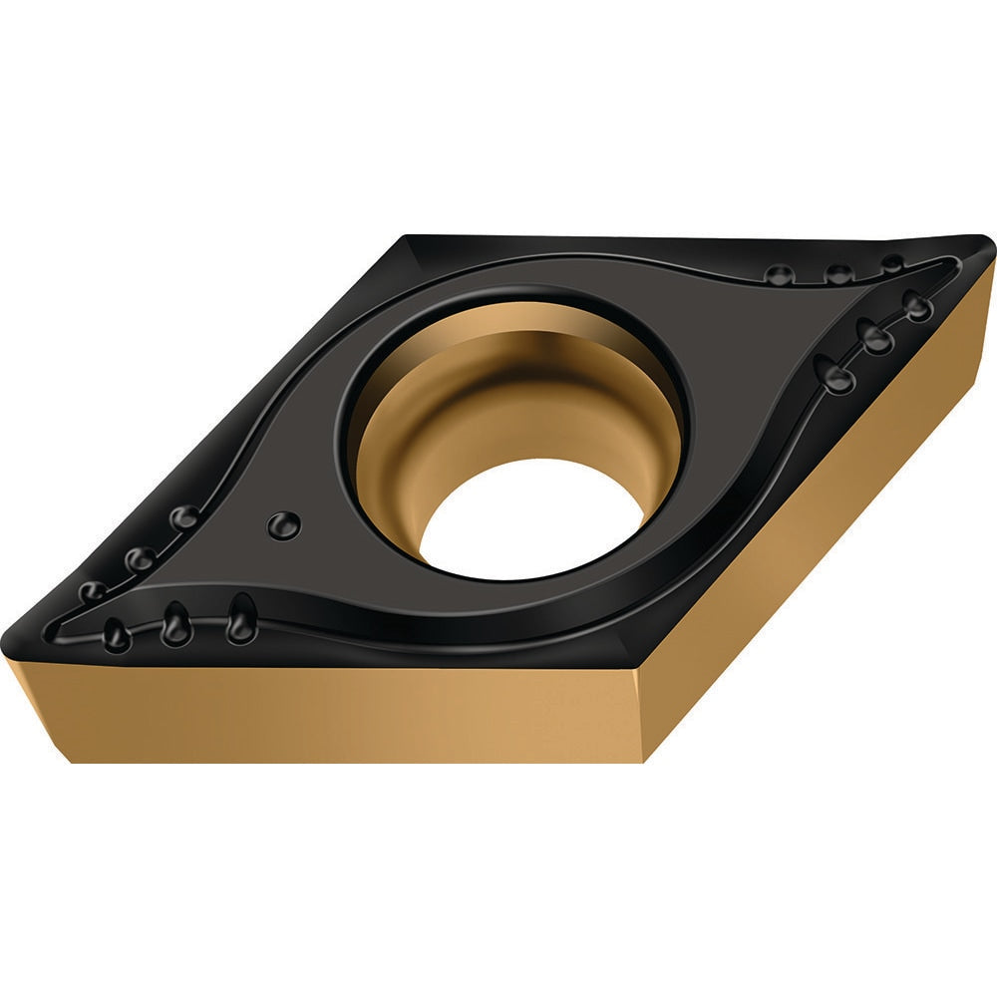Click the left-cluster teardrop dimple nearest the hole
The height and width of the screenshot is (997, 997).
pos(240,619)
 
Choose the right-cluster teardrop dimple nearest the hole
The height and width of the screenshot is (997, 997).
pos(835,374)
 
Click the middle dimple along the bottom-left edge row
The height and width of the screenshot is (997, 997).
pos(175,625)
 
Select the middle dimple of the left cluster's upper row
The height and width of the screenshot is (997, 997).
pos(140,558)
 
